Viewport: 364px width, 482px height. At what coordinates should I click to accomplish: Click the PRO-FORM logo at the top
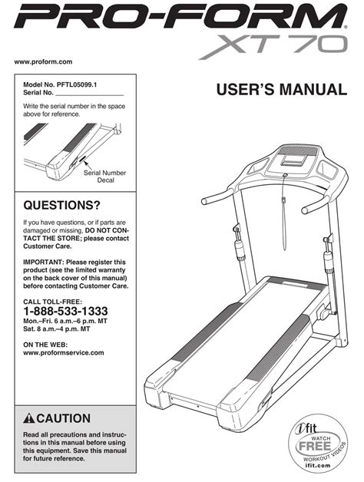(x=181, y=16)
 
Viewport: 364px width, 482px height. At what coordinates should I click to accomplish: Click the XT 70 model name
(x=273, y=47)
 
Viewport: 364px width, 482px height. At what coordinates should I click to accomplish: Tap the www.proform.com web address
(x=43, y=61)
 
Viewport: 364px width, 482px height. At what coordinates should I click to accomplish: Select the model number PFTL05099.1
(x=77, y=85)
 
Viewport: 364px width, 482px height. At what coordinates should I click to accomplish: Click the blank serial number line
(x=89, y=96)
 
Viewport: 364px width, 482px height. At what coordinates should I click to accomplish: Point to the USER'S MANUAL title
(x=282, y=90)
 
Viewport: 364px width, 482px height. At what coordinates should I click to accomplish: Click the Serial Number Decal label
(x=105, y=177)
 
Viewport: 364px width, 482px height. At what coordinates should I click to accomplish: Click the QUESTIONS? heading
(x=62, y=205)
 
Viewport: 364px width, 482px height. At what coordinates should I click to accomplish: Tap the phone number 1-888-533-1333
(x=65, y=311)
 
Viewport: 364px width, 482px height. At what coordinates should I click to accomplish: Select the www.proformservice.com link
(x=64, y=352)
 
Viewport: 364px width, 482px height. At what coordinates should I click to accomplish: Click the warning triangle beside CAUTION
(x=29, y=418)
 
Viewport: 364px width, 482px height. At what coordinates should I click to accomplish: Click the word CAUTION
(x=64, y=418)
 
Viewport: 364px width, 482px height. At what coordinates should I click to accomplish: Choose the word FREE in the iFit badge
(x=314, y=446)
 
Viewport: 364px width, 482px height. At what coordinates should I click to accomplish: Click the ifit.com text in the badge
(x=318, y=465)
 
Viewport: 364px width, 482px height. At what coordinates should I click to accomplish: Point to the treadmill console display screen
(x=294, y=160)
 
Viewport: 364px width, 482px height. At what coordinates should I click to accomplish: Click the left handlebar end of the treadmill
(x=204, y=202)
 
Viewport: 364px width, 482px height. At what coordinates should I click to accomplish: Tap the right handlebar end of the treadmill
(x=305, y=210)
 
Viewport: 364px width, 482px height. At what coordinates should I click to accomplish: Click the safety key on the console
(x=285, y=175)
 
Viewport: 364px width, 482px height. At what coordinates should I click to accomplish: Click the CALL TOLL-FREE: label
(x=53, y=302)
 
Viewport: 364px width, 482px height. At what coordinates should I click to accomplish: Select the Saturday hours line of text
(x=57, y=329)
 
